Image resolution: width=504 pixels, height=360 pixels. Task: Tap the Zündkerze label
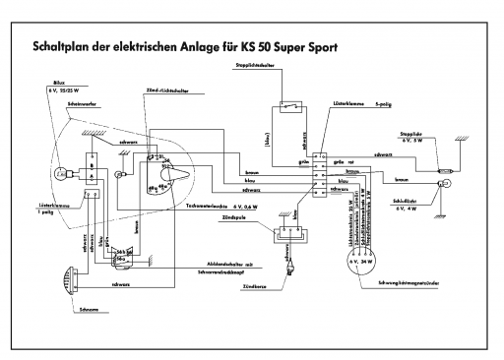[285, 284]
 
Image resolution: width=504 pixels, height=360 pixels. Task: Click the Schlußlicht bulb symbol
[444, 184]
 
